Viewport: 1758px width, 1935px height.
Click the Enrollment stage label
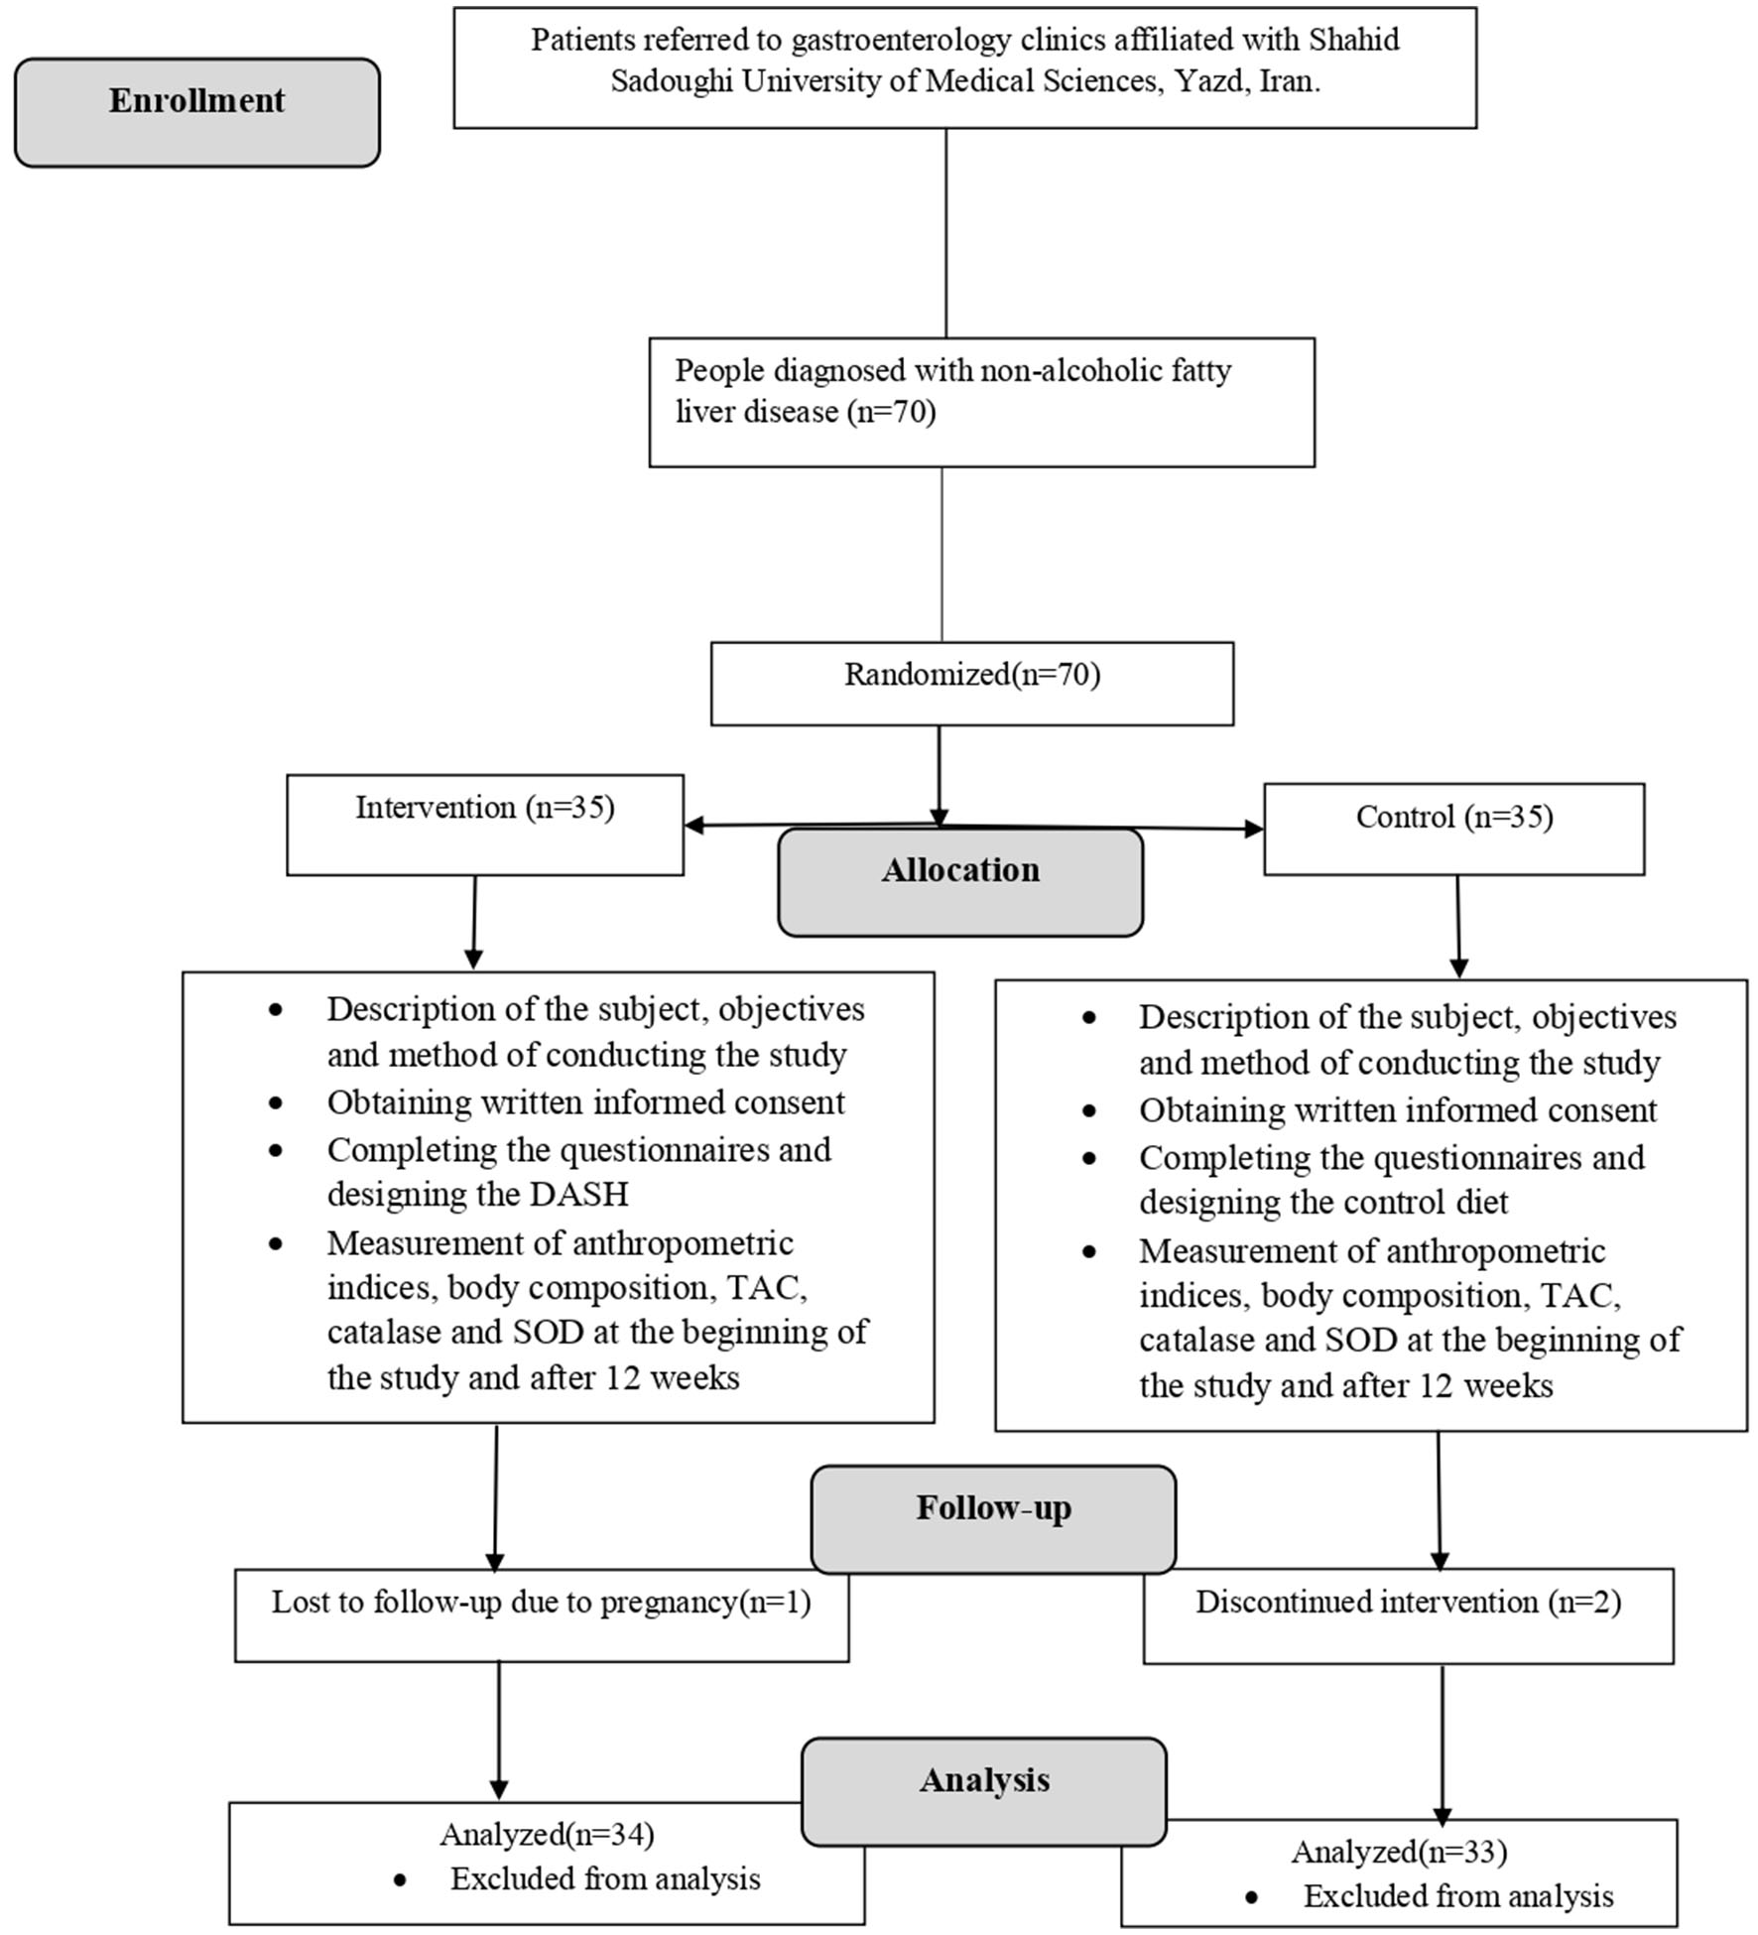[196, 101]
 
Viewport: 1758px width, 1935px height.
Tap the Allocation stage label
[960, 870]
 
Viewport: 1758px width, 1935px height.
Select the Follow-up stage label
[993, 1507]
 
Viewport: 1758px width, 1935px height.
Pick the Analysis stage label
[984, 1779]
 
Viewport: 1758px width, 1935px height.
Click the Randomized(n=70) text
[972, 675]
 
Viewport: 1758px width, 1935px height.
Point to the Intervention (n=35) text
[485, 808]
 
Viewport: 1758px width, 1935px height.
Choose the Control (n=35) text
[1453, 817]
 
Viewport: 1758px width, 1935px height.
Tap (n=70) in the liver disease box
[891, 411]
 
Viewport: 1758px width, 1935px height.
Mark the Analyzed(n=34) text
[547, 1835]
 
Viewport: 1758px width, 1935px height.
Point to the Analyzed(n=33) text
[1399, 1852]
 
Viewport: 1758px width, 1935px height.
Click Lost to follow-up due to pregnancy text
[541, 1602]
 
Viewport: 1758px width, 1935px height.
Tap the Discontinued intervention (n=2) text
[1408, 1602]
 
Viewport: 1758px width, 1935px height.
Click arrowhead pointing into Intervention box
[693, 825]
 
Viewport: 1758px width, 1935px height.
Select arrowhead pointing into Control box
[1254, 829]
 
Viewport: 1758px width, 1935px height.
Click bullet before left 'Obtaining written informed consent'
[275, 1103]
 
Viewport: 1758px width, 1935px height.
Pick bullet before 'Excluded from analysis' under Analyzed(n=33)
[1251, 1897]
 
